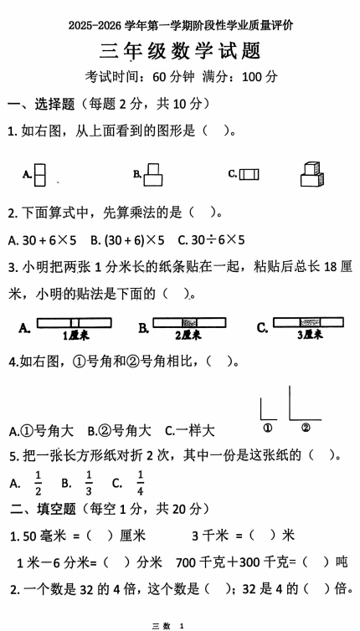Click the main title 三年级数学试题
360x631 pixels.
pyautogui.click(x=180, y=51)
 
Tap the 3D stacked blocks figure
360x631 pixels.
pyautogui.click(x=311, y=173)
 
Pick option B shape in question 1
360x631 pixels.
pyautogui.click(x=152, y=174)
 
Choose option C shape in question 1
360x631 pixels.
pyautogui.click(x=249, y=174)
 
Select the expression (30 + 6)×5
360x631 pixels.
pyautogui.click(x=134, y=239)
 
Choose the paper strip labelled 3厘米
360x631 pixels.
pyautogui.click(x=308, y=323)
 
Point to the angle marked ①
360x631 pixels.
pyautogui.click(x=268, y=410)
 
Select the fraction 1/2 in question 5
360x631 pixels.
pyautogui.click(x=38, y=481)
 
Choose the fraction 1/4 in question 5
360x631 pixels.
pyautogui.click(x=140, y=481)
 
